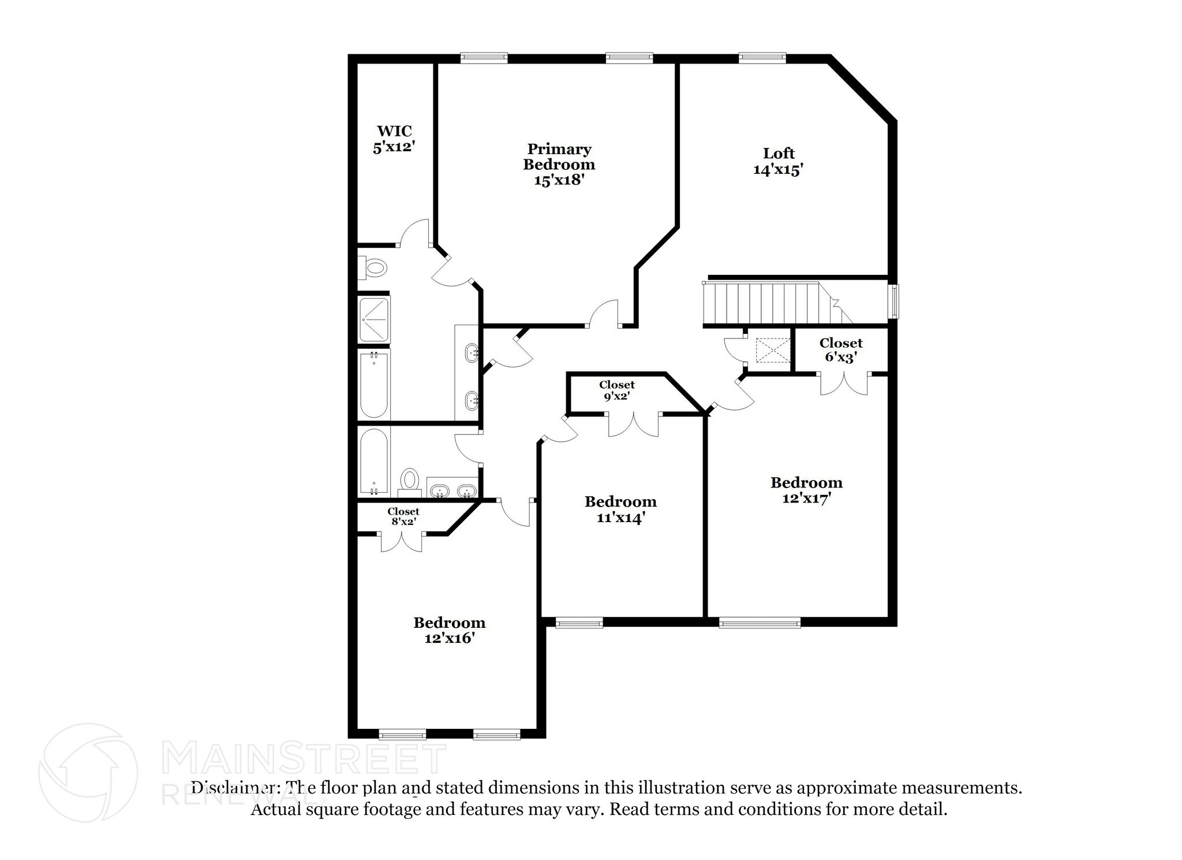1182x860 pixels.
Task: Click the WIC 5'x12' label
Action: click(394, 139)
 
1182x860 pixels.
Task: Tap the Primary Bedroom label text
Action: click(559, 165)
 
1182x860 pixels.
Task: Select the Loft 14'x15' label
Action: click(779, 161)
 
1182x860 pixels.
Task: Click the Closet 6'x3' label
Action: click(840, 350)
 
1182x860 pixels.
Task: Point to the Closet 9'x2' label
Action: click(616, 390)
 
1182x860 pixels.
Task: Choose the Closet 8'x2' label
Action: click(403, 516)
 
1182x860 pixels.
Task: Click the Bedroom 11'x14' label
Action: click(620, 509)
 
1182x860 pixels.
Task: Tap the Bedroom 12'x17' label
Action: click(806, 490)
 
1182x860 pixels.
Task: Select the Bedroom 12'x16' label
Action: click(449, 630)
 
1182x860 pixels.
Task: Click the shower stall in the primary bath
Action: click(374, 319)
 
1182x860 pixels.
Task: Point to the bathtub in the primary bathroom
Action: click(373, 384)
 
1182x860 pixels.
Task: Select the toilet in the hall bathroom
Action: click(410, 480)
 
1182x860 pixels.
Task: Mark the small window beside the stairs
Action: click(894, 301)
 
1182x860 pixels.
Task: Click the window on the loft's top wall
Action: click(762, 57)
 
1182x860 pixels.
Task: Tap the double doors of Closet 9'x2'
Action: click(633, 425)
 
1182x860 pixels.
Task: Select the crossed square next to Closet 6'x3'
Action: click(772, 351)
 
